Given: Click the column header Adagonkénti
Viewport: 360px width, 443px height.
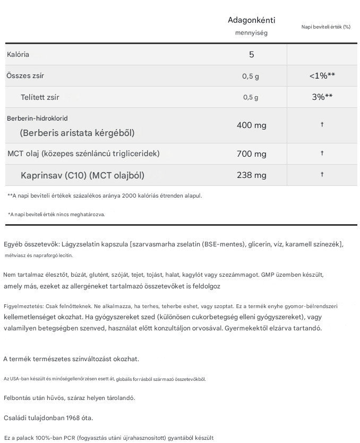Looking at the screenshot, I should click(x=251, y=21).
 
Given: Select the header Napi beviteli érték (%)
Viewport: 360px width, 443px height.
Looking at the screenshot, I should click(x=325, y=27).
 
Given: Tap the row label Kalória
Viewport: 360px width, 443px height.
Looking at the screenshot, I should click(x=18, y=55).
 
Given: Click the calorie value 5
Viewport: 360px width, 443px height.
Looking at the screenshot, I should click(x=252, y=55).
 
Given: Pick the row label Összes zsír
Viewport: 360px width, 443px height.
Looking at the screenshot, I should click(x=25, y=76).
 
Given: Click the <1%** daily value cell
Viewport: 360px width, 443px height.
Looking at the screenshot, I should click(x=322, y=76).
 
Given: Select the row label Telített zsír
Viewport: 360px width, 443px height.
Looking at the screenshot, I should click(x=40, y=97).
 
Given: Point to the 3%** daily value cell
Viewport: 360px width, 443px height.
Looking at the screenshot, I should click(x=322, y=97).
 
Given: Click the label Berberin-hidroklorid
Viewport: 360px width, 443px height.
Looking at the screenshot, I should click(x=37, y=118).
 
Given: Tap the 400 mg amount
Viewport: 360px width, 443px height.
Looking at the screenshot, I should click(x=251, y=125).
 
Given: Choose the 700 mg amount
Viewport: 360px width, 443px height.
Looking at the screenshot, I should click(x=251, y=154).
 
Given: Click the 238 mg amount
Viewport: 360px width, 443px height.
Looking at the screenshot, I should click(x=251, y=175).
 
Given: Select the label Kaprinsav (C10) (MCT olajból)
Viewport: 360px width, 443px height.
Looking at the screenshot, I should click(x=82, y=175).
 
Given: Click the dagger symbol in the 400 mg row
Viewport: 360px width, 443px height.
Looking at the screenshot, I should click(x=322, y=124).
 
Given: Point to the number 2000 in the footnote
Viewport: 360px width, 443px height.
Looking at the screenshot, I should click(x=130, y=195).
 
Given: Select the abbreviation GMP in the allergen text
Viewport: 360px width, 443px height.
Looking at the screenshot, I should click(x=268, y=275).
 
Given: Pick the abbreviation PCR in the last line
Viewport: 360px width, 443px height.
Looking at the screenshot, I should click(x=73, y=438).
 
